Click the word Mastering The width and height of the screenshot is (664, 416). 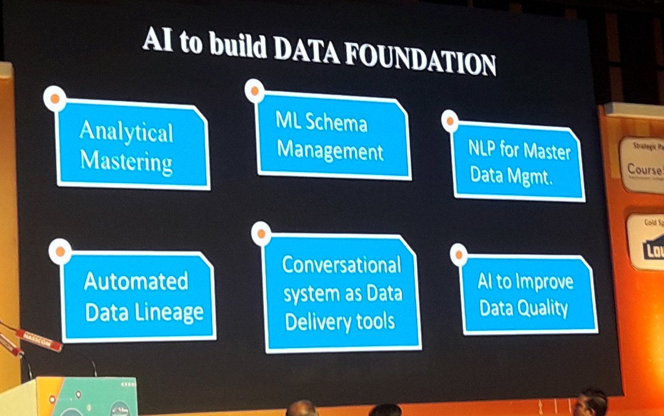[x=126, y=162]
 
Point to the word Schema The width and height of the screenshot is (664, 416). [x=336, y=123]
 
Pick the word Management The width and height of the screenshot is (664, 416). [x=330, y=150]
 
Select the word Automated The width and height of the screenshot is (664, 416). [x=136, y=282]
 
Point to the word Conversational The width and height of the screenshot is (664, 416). [x=341, y=265]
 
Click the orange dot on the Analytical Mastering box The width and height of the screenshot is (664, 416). [x=55, y=98]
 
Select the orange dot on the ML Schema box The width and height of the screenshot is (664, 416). [x=255, y=91]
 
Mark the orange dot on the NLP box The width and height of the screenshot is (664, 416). [x=450, y=121]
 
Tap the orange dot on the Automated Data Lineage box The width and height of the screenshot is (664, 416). [x=60, y=251]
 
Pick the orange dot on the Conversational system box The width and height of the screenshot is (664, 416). [x=261, y=234]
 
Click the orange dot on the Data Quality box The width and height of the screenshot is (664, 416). [x=458, y=255]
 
